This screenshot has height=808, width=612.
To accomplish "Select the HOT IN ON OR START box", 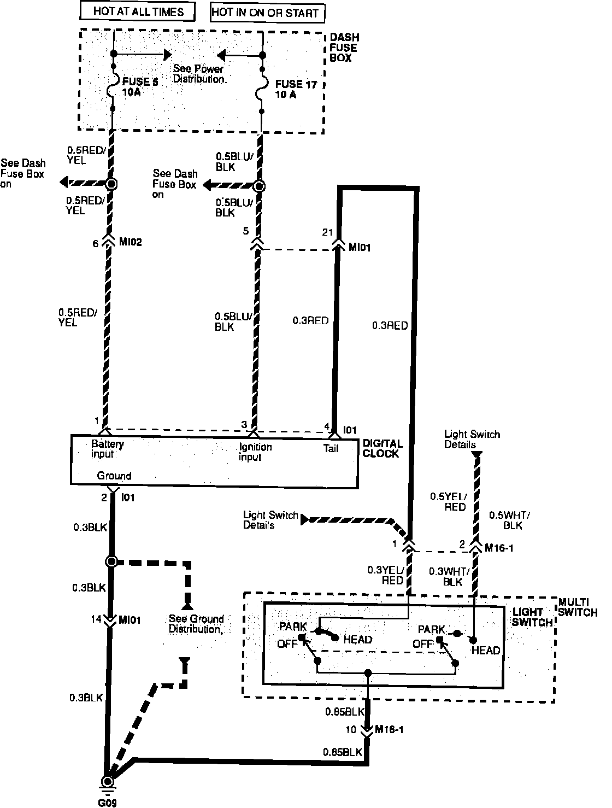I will click(x=267, y=13).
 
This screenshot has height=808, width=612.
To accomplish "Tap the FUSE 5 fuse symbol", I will click(x=113, y=86).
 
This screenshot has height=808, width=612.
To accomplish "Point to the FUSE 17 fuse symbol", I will click(x=262, y=89).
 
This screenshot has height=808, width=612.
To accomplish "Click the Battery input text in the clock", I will click(x=107, y=449).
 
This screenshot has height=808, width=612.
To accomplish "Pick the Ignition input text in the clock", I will click(x=255, y=452).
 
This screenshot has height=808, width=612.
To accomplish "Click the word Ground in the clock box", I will click(x=114, y=476).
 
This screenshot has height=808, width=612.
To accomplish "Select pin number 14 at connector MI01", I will click(x=96, y=619).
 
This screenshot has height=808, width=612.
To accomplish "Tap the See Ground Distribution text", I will click(x=196, y=624).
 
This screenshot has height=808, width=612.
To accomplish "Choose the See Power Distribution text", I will click(x=199, y=74).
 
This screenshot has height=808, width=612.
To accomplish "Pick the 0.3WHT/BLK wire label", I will click(x=444, y=577).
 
